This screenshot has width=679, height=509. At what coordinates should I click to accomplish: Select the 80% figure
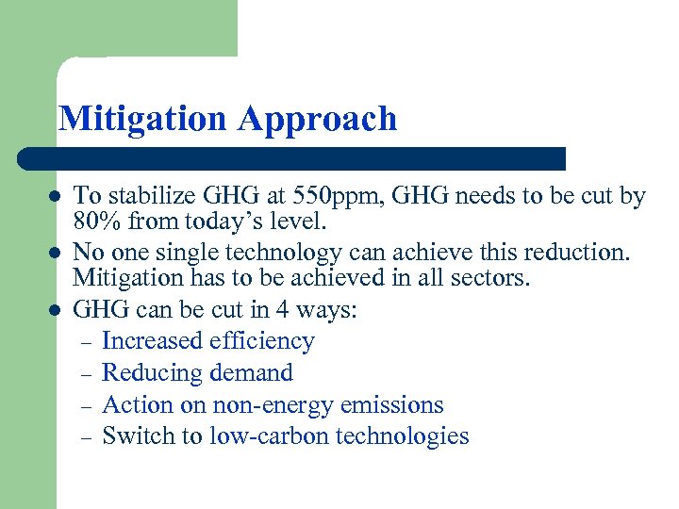pos(94,222)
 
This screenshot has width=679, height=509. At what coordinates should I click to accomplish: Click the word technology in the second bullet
pos(286,252)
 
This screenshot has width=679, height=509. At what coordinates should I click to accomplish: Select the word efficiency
pos(260,340)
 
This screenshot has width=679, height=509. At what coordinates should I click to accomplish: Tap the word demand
pos(249,372)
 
